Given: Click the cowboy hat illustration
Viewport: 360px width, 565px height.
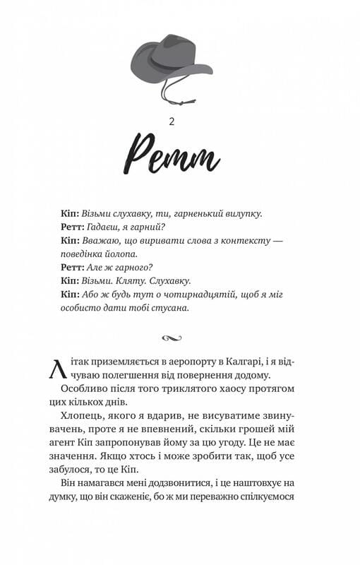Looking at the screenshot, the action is [x=172, y=60].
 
